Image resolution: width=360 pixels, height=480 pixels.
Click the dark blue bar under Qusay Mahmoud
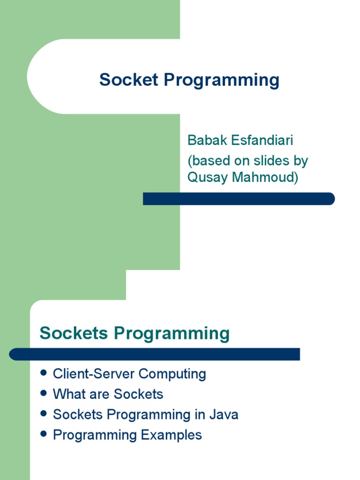[x=239, y=199]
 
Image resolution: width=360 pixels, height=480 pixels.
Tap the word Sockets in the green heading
[x=75, y=333]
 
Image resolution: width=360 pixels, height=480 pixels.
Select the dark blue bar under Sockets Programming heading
[x=155, y=354]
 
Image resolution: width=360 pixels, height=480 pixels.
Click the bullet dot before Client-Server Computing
[x=44, y=373]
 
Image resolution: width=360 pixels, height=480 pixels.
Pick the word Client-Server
[x=93, y=374]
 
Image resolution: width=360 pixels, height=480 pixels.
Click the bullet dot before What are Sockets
[x=44, y=393]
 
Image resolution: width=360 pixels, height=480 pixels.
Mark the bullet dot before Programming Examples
[x=44, y=434]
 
